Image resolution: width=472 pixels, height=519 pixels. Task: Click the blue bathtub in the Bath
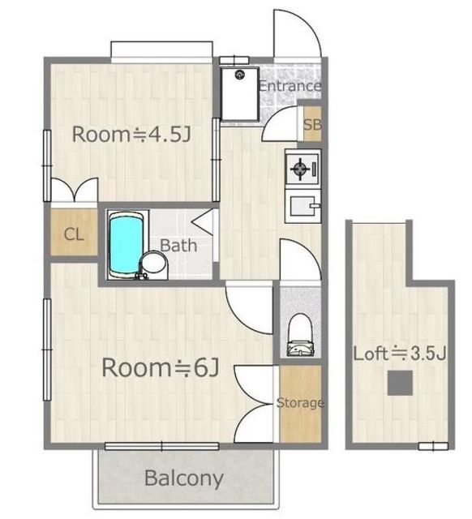click(126, 245)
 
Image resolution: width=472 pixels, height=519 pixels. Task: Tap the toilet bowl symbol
click(300, 335)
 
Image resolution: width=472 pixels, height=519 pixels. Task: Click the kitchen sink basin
click(303, 205)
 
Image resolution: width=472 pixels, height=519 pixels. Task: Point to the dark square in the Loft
click(400, 383)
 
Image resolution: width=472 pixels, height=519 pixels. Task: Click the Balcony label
click(184, 478)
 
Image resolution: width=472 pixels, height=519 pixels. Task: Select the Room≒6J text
click(161, 367)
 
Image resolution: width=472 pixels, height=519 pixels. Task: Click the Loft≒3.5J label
click(400, 354)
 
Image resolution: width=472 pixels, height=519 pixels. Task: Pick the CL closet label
click(74, 234)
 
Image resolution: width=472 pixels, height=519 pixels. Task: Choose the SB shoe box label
click(312, 124)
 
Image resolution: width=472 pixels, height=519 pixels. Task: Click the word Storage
click(300, 403)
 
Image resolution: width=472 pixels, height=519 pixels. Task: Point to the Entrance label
click(290, 86)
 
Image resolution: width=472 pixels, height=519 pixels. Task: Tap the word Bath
click(178, 246)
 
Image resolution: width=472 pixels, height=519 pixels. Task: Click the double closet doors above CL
click(75, 190)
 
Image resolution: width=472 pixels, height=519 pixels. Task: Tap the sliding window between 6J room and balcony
click(162, 446)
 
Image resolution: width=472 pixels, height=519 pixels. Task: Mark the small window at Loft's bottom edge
click(433, 447)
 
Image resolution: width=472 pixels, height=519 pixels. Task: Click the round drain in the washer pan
click(239, 75)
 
